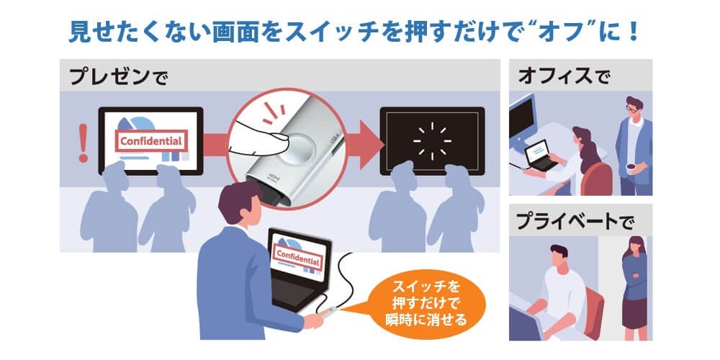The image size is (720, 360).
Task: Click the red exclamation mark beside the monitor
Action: (83, 143)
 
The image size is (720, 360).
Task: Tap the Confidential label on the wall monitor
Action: (150, 141)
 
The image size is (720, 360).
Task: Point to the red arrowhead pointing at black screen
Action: (371, 145)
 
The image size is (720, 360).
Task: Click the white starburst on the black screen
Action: (432, 141)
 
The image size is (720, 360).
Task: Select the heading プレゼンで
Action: (119, 77)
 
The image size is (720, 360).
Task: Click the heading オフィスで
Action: (564, 76)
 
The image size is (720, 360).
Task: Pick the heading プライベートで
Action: (575, 221)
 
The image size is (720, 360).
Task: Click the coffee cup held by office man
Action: (631, 167)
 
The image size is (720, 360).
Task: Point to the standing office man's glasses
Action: (633, 109)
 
